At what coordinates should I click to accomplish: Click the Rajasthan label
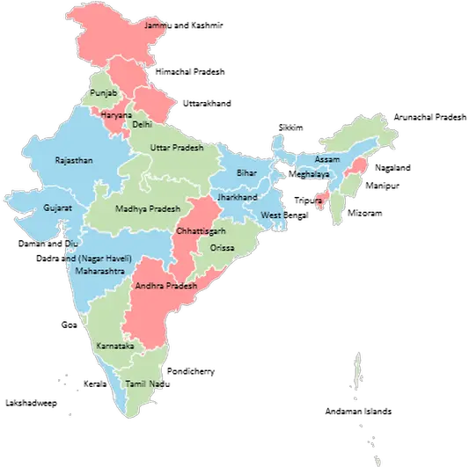click(x=73, y=161)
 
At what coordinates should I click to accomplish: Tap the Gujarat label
click(x=57, y=208)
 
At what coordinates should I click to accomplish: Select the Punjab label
click(x=101, y=92)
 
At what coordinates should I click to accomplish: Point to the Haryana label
click(x=116, y=115)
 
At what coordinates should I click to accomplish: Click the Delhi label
click(x=142, y=125)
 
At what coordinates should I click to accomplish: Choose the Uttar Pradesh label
click(x=176, y=148)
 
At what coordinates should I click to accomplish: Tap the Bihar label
click(x=246, y=173)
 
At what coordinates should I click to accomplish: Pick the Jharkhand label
click(x=237, y=198)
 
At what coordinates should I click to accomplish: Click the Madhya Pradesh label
click(x=148, y=209)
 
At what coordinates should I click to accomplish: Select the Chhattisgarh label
click(x=201, y=230)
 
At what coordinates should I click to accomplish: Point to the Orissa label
click(x=223, y=249)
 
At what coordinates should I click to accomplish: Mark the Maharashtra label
click(x=99, y=272)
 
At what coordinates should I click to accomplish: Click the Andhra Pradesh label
click(x=165, y=287)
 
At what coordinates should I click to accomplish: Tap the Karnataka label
click(x=116, y=346)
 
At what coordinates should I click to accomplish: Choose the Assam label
click(x=326, y=160)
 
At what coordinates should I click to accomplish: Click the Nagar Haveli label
click(x=99, y=259)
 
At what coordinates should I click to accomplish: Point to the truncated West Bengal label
click(x=270, y=215)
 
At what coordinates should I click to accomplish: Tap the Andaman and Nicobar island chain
click(x=358, y=374)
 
